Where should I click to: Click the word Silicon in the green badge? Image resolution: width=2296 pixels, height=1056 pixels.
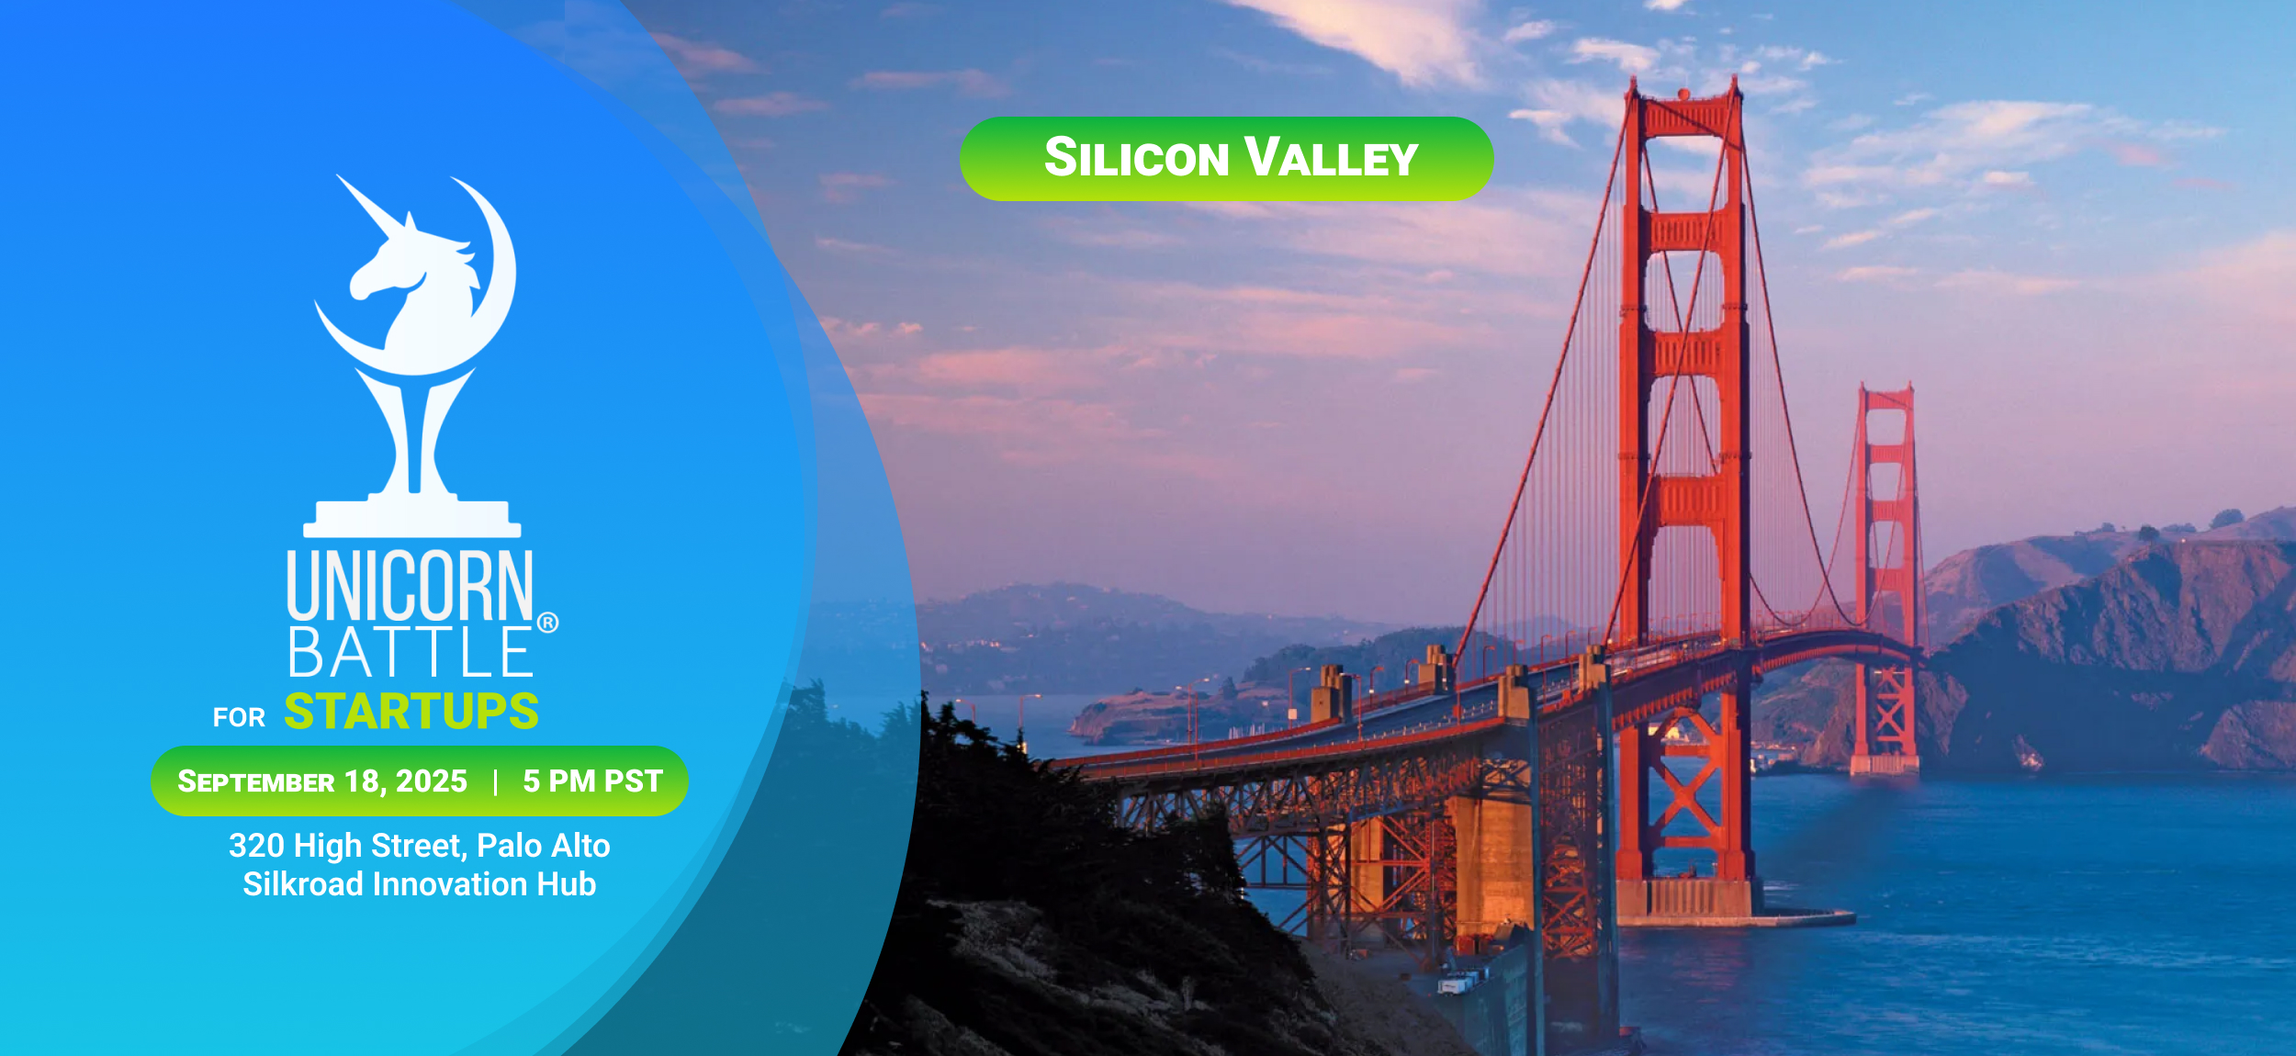[1137, 157]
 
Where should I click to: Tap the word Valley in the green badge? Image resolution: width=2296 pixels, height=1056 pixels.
[1332, 157]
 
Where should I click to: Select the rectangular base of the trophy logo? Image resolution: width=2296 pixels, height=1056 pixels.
[412, 519]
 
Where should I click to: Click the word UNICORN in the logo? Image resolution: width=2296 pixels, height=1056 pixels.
[410, 585]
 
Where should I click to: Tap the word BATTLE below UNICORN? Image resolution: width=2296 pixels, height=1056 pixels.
[410, 652]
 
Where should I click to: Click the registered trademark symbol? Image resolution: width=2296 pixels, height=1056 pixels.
[547, 623]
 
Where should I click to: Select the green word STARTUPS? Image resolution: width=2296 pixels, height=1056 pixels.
[411, 712]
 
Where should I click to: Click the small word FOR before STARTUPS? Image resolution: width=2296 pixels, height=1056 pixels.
[239, 718]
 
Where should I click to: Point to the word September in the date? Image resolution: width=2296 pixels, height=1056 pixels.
[256, 781]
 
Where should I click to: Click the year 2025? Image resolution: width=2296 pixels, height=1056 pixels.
[432, 781]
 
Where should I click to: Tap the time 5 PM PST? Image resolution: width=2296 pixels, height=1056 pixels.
[593, 781]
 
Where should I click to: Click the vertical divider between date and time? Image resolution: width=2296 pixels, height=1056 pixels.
[496, 782]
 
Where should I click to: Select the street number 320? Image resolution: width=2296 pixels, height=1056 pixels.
[257, 846]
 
